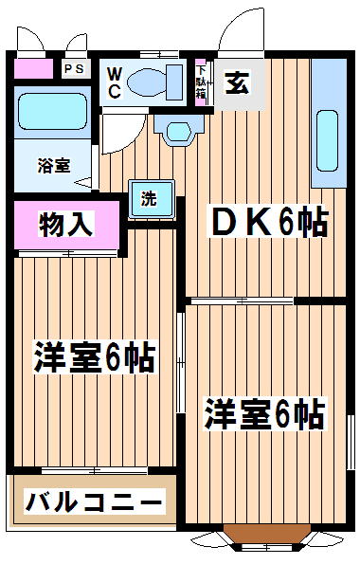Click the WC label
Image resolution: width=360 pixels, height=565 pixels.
[x=115, y=83]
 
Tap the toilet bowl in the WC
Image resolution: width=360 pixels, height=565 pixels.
[x=147, y=83]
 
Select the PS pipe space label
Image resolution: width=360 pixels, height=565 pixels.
[x=76, y=68]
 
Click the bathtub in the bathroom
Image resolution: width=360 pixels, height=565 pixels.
[x=52, y=111]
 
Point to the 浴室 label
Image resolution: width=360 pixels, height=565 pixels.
[x=54, y=166]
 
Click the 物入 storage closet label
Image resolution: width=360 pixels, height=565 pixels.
[x=66, y=224]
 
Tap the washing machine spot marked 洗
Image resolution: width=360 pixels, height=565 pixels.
[x=152, y=199]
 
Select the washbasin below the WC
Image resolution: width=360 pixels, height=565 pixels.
[x=178, y=131]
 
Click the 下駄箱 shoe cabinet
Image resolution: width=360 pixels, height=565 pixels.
[x=201, y=82]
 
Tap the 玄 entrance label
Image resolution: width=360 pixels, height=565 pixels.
[x=237, y=83]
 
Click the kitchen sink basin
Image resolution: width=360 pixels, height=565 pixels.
[x=327, y=141]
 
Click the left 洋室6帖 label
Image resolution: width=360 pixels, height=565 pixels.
[x=95, y=356]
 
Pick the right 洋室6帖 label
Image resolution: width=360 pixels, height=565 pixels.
[x=264, y=413]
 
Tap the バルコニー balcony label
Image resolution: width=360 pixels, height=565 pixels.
[x=95, y=501]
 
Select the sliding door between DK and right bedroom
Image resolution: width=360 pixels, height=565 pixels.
[x=242, y=301]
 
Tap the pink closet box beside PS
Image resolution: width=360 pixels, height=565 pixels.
[x=33, y=68]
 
